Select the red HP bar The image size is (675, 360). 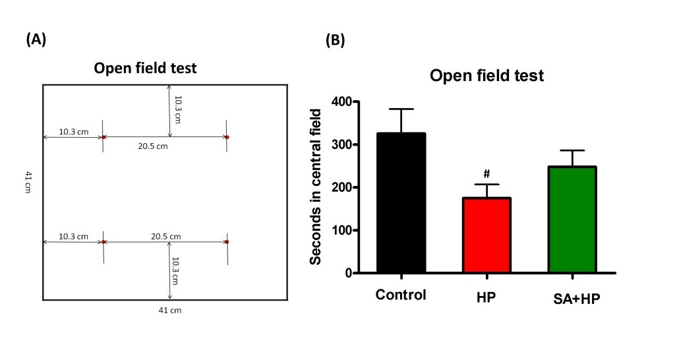point(486,235)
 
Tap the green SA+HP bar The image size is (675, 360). point(572,220)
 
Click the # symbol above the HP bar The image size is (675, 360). point(486,174)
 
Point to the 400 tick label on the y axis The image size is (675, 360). point(340,102)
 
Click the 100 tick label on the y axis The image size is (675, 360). point(340,230)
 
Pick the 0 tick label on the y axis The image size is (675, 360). point(347,273)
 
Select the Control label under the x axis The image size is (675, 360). point(401,295)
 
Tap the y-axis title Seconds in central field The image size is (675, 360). point(317,187)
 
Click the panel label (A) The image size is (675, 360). point(36,40)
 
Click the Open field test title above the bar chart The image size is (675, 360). point(486,76)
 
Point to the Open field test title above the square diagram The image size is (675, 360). point(145,68)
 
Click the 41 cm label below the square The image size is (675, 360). point(167,311)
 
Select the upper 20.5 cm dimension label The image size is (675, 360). point(153,146)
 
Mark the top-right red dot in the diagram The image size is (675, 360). point(227,137)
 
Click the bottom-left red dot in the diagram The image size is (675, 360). point(103,242)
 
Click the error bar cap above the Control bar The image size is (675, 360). point(401,109)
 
